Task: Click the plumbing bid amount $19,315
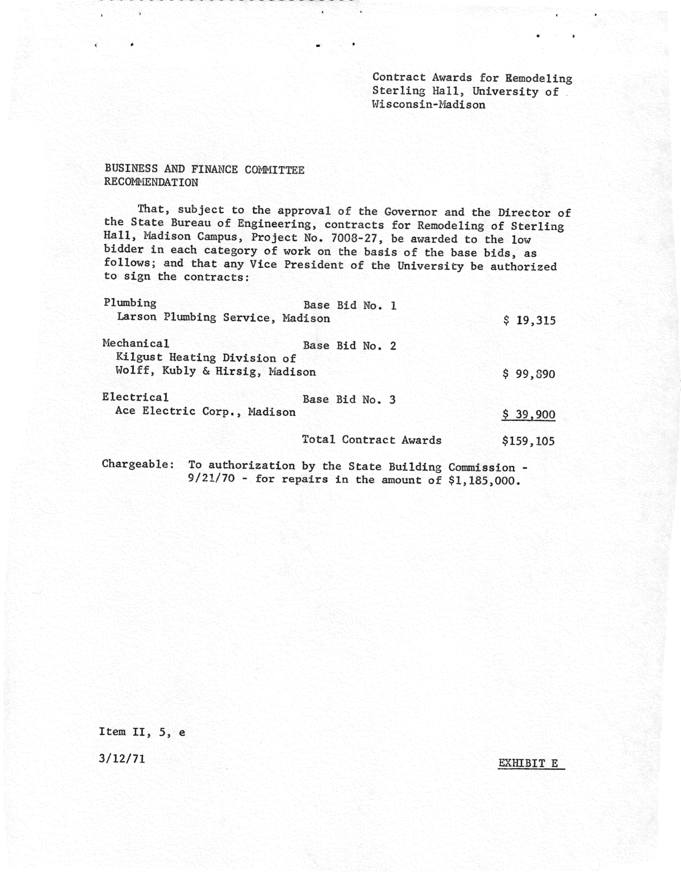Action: tap(529, 321)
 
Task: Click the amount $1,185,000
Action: tap(484, 481)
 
